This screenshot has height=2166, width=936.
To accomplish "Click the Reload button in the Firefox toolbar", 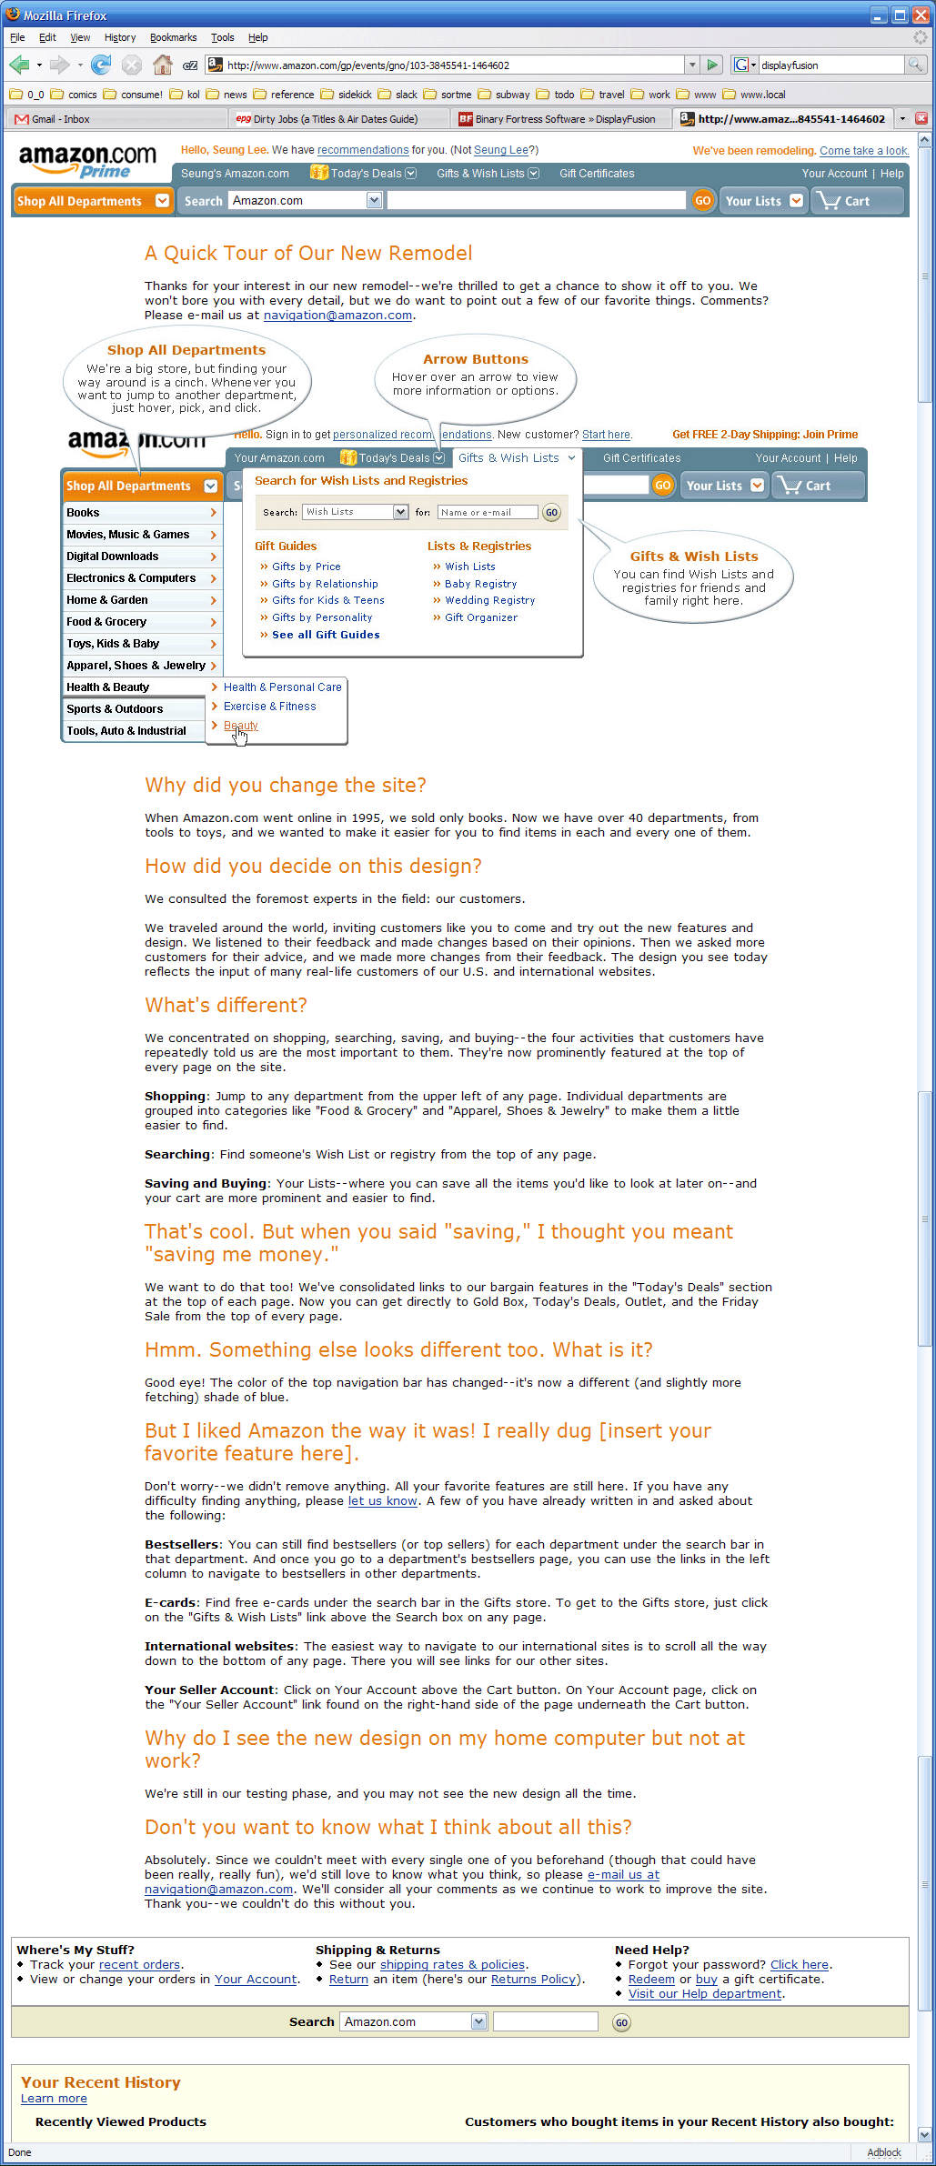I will point(101,65).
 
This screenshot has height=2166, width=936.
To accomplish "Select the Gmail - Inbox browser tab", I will point(60,119).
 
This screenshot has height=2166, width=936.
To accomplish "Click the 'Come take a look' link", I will point(863,151).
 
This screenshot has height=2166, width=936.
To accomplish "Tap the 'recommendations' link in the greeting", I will point(363,150).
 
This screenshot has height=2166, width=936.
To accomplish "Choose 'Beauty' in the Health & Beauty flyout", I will point(241,726).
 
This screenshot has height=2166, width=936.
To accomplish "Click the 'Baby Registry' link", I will point(480,584).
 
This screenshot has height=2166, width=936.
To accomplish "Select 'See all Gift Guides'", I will point(326,635).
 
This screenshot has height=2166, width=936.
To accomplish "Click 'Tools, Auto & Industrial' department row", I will point(126,731).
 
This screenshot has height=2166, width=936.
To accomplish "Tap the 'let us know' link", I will point(382,1501).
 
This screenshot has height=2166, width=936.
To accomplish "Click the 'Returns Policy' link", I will point(533,1980).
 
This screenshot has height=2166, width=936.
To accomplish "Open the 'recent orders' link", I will point(139,1965).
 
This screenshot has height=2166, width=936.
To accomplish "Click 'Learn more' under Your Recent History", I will point(54,2099).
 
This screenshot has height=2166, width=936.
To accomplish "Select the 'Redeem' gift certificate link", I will point(651,1980).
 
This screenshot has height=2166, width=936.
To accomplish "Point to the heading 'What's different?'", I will point(226,1005).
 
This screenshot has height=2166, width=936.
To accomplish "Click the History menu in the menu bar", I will point(120,37).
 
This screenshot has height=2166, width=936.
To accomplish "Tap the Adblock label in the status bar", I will point(883,2152).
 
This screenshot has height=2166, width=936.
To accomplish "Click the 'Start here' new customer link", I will point(606,435).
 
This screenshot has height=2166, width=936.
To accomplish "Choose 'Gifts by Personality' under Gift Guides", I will point(322,617).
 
